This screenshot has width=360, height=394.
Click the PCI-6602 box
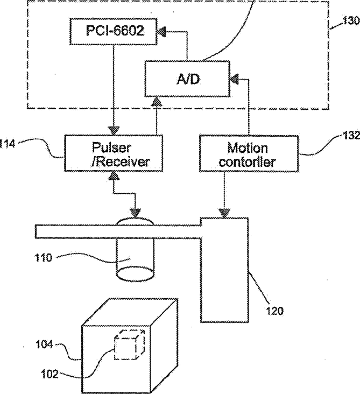[114, 31]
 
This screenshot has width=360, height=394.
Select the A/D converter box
[187, 79]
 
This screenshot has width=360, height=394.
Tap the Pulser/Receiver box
[114, 153]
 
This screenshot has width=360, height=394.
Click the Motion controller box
[249, 154]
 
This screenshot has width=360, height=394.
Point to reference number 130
[351, 20]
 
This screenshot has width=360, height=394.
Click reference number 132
[351, 136]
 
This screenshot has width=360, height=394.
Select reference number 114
[8, 144]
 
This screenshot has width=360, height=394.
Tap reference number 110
[43, 258]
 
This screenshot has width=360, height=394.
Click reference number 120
[274, 311]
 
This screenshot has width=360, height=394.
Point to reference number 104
[44, 344]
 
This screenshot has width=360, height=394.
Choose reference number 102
[50, 375]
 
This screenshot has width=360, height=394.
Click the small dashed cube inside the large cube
[130, 344]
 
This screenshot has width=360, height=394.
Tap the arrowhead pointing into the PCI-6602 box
[161, 32]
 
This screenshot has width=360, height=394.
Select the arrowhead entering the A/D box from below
[157, 101]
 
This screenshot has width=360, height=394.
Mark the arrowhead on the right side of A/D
[234, 79]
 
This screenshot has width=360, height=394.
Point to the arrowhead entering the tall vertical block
[224, 213]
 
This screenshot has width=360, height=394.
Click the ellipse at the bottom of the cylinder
[135, 274]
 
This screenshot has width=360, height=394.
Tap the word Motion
[248, 147]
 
